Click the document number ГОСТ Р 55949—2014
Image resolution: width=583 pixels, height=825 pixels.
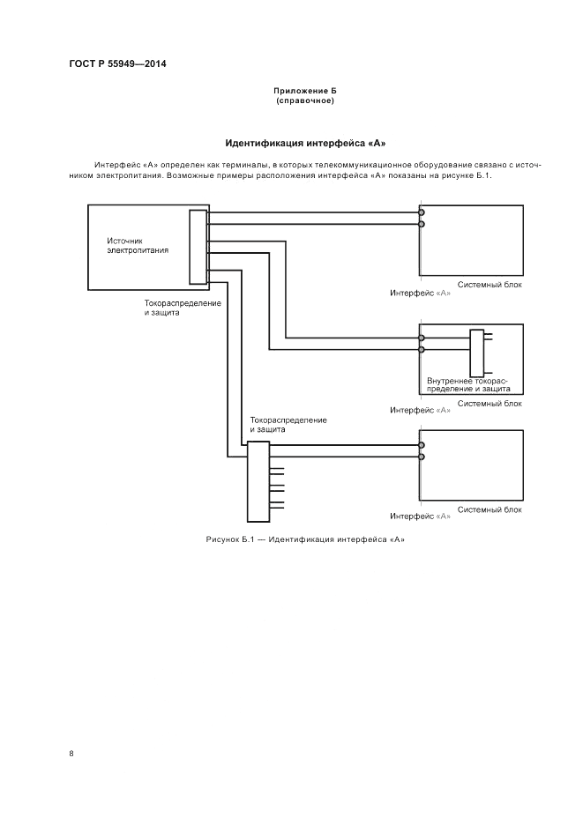(117, 63)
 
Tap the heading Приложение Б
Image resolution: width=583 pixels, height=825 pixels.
(304, 91)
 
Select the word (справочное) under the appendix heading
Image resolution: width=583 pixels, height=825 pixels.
(304, 100)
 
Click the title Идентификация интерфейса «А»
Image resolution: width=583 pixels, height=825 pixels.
(305, 142)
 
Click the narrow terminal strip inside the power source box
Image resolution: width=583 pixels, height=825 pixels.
(198, 247)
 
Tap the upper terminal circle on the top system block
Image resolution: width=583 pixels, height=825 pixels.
(422, 213)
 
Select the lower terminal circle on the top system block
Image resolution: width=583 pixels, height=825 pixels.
(422, 224)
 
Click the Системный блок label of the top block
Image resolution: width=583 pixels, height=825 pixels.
(490, 285)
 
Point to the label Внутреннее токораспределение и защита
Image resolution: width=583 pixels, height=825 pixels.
(467, 383)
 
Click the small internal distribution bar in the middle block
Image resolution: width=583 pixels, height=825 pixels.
(477, 353)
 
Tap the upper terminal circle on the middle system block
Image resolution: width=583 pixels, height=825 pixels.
(422, 338)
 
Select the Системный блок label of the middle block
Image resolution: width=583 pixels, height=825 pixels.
(490, 403)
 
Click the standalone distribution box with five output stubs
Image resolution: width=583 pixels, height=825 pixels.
(258, 482)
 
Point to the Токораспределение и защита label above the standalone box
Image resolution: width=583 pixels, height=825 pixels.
(288, 424)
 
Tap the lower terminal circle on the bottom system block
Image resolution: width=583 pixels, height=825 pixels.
(422, 457)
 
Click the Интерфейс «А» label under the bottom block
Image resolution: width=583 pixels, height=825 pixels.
(420, 516)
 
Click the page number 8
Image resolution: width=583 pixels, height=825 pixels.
(71, 754)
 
